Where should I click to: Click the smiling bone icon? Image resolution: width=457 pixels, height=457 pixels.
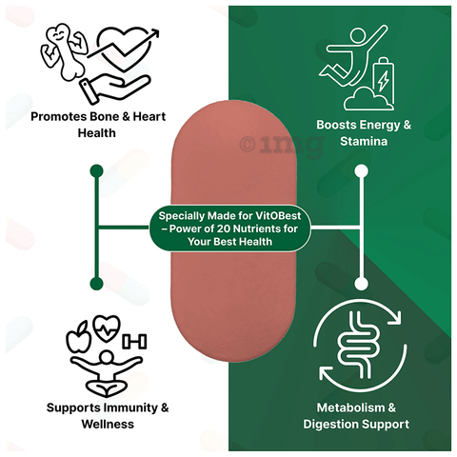(x=65, y=50)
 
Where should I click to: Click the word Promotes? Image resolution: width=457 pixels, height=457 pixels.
(x=59, y=117)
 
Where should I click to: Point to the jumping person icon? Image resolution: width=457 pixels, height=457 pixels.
(x=352, y=55)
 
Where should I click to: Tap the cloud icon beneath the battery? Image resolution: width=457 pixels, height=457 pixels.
(x=368, y=99)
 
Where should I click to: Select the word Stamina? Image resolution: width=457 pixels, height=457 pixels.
(x=364, y=141)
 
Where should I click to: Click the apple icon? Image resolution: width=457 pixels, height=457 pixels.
(x=78, y=337)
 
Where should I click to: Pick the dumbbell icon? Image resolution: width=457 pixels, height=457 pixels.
(x=134, y=342)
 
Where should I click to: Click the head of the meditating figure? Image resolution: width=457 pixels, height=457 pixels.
(x=107, y=358)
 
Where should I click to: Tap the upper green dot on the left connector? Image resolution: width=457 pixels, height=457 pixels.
(x=97, y=171)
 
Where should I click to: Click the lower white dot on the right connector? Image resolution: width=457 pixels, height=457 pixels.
(x=362, y=284)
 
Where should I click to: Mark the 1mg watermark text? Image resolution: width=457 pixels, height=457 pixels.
(x=282, y=145)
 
